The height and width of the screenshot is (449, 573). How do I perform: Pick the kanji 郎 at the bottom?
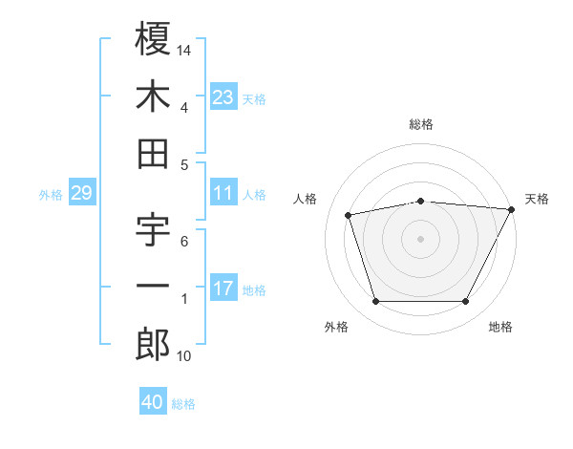pos(153,345)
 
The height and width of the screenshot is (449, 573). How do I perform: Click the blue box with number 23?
pos(223,96)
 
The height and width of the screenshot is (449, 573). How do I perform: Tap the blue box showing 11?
pos(223,193)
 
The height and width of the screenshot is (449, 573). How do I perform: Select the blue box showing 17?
pos(223,289)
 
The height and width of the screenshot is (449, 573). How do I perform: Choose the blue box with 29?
pos(81,193)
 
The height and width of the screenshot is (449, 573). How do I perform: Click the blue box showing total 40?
pos(153,402)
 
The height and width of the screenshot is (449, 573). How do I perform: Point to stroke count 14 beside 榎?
pos(185,49)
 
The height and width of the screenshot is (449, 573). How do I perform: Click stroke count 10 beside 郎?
pos(184,356)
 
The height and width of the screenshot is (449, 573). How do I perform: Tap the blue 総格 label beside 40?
pos(184,404)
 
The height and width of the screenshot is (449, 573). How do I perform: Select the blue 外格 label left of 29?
pos(51,195)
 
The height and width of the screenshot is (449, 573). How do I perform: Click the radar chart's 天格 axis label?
pos(537,199)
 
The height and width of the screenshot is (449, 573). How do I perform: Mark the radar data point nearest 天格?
pos(512,209)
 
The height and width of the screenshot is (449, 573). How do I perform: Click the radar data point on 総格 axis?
pos(420,201)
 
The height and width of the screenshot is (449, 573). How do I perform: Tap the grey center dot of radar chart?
pos(420,238)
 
